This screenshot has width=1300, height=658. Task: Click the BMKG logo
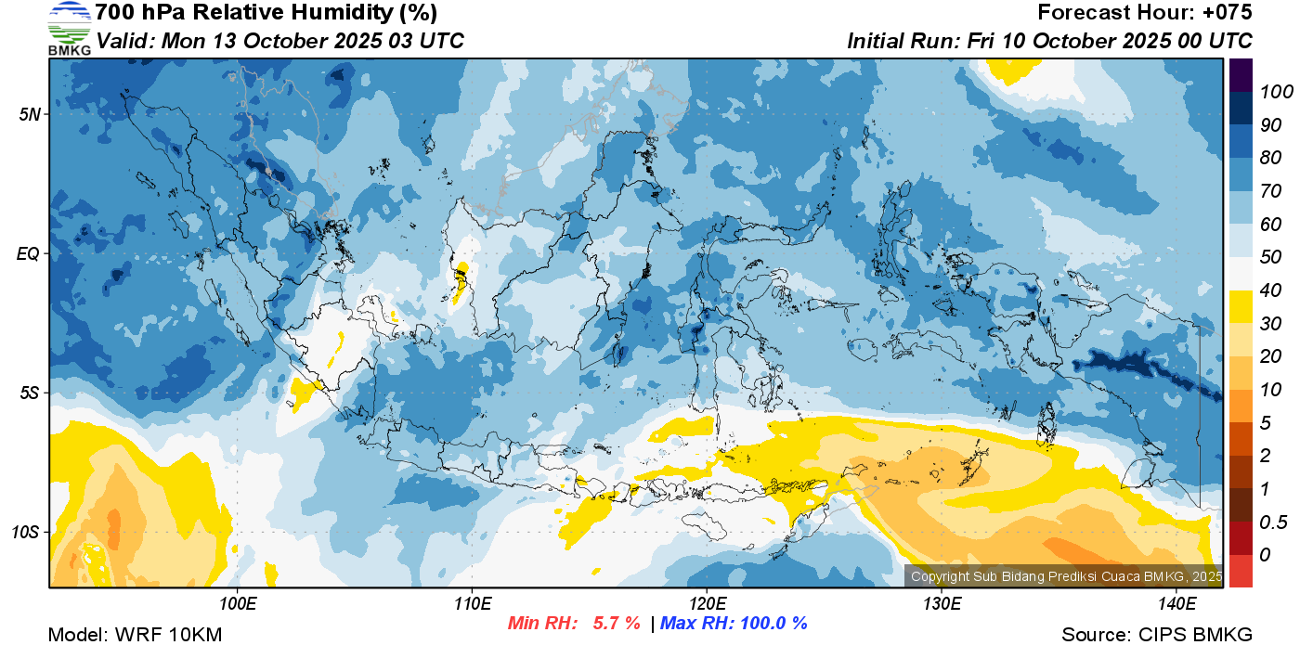tap(69, 29)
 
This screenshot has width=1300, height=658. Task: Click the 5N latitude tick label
tap(30, 114)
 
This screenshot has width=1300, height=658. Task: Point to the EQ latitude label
tap(29, 253)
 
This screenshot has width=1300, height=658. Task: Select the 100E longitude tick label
tap(238, 604)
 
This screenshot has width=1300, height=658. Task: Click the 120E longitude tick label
tap(707, 604)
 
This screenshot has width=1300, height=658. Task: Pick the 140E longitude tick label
tap(1176, 604)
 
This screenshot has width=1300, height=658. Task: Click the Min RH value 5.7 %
tap(616, 623)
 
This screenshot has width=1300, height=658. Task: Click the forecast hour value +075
tap(1228, 13)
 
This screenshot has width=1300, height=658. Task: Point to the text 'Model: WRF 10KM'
tap(135, 635)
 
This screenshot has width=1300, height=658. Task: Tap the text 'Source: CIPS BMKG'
tap(1157, 635)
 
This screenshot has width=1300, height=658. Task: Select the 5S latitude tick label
tap(29, 393)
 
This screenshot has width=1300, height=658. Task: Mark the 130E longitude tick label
tap(942, 604)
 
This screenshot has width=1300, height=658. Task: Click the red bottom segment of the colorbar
tap(1241, 570)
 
